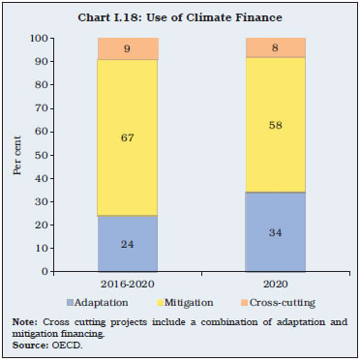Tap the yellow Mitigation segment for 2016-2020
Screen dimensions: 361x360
tap(127, 137)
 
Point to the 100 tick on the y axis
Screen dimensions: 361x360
tap(40, 39)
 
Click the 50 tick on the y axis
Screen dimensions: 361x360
tap(42, 155)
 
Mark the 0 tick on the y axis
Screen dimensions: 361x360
tap(45, 272)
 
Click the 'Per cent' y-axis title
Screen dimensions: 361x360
tap(16, 155)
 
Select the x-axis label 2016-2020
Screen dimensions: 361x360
tap(127, 283)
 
